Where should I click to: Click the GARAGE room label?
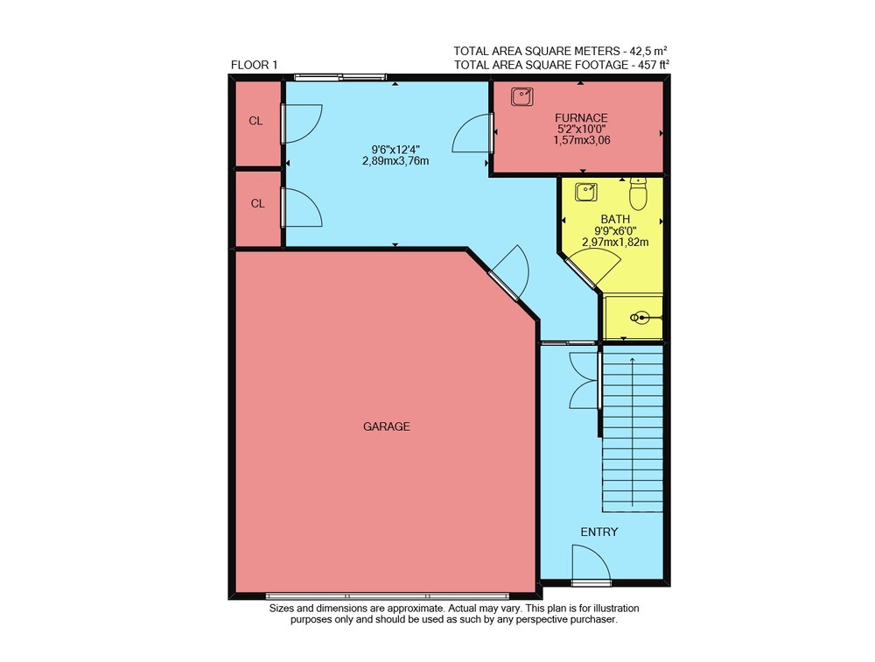(386, 426)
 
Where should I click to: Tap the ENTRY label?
(598, 532)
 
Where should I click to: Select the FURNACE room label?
(581, 118)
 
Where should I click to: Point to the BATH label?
(615, 220)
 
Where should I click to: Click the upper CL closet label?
(255, 121)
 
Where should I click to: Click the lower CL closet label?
(257, 203)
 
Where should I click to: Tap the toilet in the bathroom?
(638, 194)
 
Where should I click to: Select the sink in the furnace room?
(521, 96)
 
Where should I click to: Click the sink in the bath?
(586, 192)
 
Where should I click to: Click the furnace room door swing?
(472, 133)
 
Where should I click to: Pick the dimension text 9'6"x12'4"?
(395, 150)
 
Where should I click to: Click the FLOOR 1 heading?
(254, 65)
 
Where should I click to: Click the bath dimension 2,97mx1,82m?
(615, 243)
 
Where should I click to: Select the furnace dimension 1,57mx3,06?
(582, 140)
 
